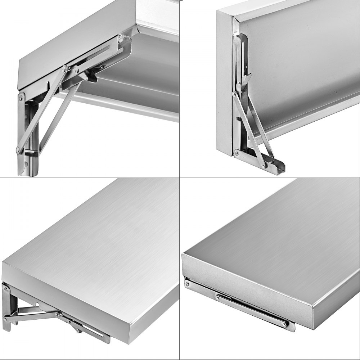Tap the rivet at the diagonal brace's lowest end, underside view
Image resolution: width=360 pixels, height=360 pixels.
[x=18, y=150]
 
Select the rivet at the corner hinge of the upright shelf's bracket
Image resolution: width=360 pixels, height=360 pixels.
[x=237, y=153]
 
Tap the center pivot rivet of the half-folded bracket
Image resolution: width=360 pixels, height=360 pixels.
[x=57, y=315]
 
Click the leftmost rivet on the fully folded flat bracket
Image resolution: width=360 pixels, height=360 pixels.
[x=188, y=284]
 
